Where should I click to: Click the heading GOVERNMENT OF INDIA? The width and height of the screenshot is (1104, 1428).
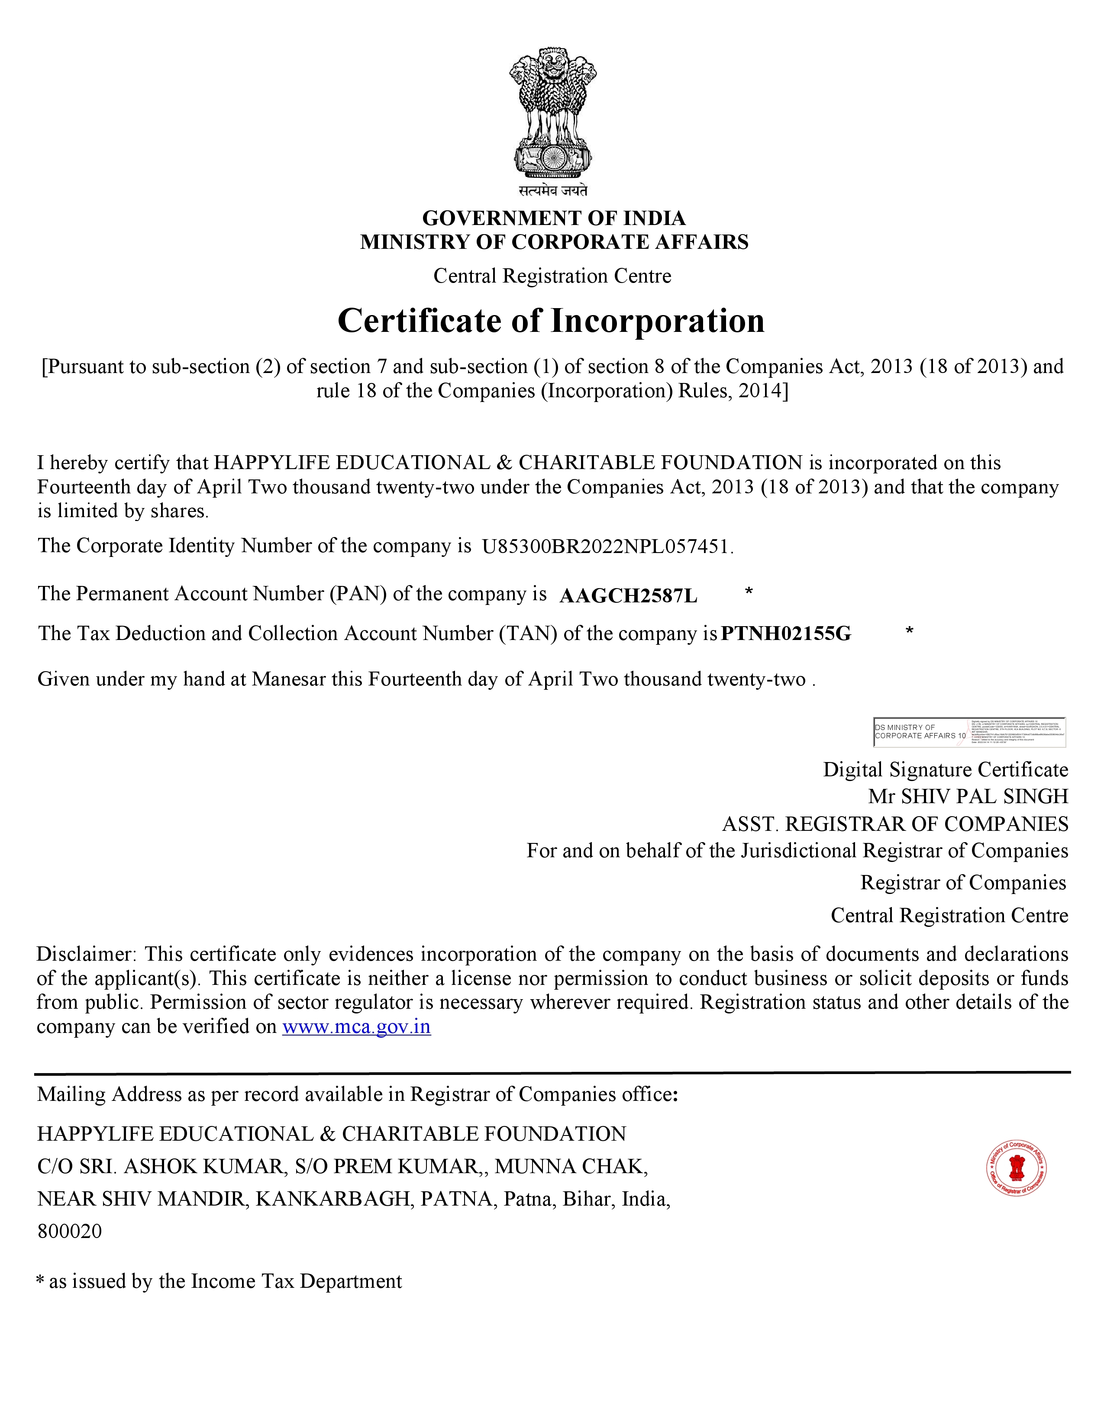553,218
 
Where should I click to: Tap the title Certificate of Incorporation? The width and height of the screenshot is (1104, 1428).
551,321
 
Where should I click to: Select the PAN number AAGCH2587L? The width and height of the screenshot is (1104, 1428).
629,596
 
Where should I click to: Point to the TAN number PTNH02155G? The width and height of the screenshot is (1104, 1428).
785,634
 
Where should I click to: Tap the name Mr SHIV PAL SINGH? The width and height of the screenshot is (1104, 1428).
968,796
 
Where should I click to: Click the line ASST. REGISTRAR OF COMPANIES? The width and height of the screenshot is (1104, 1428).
895,824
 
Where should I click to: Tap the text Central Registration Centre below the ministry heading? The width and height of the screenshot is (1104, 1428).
552,276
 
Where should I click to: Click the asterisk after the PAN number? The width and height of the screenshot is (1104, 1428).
749,592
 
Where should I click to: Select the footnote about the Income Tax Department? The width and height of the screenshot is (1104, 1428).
219,1282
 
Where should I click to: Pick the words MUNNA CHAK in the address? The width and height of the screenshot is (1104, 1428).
571,1167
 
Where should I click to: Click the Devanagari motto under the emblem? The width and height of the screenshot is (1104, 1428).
553,191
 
